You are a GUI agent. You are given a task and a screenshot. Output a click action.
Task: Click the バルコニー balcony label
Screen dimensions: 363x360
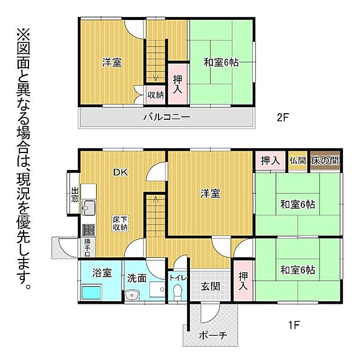(166, 117)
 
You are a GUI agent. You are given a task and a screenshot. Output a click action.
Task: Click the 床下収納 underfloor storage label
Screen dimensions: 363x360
(119, 224)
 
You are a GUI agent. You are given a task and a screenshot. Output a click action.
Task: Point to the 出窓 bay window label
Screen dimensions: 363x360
(75, 194)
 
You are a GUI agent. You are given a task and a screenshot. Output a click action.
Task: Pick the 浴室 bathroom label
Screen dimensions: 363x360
(100, 273)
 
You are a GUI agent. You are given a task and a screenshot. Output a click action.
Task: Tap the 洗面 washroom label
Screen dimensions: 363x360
(137, 279)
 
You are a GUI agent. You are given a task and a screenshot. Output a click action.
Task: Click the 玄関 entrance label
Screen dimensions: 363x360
(210, 286)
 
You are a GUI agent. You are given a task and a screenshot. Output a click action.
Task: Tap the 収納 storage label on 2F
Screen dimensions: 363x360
(155, 94)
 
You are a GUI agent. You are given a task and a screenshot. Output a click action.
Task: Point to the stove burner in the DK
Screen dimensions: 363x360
(87, 229)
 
